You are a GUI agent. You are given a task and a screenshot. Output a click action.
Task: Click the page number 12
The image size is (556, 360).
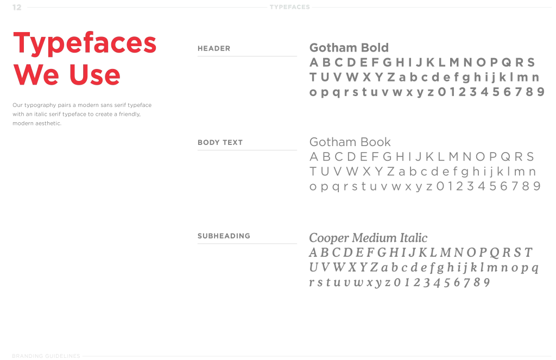point(16,7)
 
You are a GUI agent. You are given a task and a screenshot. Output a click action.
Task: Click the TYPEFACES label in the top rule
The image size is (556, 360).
point(289,7)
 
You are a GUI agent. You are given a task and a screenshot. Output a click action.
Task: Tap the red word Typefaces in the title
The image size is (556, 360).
point(84,43)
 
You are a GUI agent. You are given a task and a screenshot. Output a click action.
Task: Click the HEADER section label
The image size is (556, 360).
point(213,48)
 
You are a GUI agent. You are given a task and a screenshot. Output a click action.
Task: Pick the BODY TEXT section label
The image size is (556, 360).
point(219,142)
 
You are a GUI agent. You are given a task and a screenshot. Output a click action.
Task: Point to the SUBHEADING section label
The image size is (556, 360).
point(223,236)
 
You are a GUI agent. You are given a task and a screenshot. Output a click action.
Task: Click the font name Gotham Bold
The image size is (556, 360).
point(349,48)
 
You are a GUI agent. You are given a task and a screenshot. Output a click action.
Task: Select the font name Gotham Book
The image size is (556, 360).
point(350,142)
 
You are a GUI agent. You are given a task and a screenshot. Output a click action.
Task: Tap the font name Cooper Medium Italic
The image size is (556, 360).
point(368,238)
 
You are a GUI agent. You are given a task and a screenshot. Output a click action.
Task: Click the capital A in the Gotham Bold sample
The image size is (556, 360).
point(314,62)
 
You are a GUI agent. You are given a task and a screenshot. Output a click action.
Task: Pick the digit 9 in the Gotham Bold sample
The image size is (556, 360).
point(540,92)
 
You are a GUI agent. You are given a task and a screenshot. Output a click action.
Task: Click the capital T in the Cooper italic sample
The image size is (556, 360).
point(528,252)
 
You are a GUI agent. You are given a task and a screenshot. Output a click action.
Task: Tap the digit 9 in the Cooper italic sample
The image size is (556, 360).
point(486,282)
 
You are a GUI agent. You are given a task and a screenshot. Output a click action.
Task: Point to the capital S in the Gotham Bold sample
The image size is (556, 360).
point(530,62)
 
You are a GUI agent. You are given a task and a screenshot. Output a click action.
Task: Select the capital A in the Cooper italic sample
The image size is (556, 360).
point(313,252)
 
